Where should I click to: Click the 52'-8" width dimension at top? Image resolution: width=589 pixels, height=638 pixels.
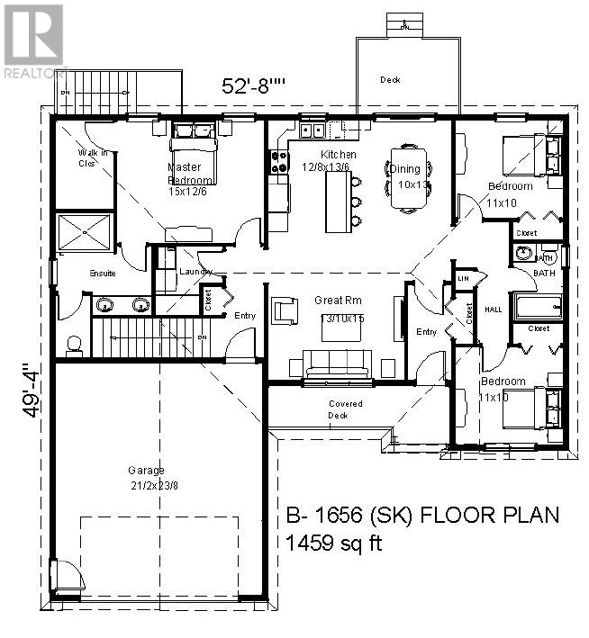click(x=254, y=86)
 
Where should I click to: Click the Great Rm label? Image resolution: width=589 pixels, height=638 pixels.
click(x=331, y=301)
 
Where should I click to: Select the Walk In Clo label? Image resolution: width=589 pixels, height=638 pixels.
click(x=93, y=157)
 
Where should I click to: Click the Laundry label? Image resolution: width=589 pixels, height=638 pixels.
click(x=195, y=271)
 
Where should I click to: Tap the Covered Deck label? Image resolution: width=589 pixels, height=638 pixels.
click(x=346, y=409)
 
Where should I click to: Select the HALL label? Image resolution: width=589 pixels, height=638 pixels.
click(x=494, y=309)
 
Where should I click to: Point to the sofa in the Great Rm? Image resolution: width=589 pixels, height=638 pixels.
click(x=337, y=364)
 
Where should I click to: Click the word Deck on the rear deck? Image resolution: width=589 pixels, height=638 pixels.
click(x=390, y=80)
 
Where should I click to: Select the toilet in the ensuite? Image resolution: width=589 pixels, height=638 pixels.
click(x=74, y=343)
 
